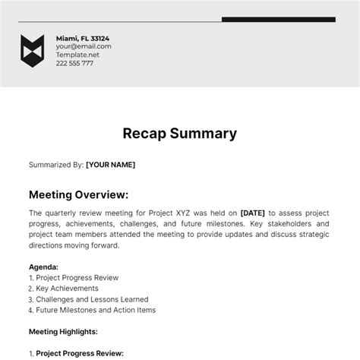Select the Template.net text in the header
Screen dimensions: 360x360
(78, 55)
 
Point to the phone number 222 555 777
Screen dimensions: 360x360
(74, 63)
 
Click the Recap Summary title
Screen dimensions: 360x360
(180, 134)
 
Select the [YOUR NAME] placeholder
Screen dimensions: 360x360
(111, 163)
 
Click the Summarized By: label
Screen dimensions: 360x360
(55, 163)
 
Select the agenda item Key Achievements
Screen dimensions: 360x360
(67, 289)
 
